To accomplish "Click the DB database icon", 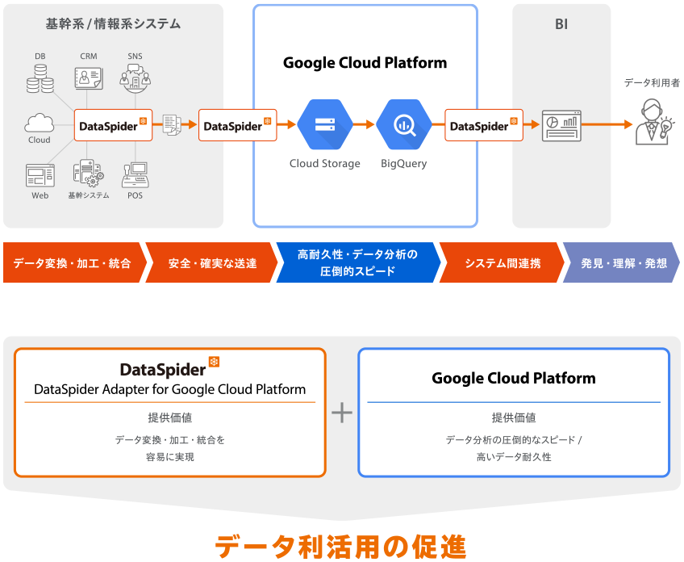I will [40, 78].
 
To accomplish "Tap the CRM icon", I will [88, 78].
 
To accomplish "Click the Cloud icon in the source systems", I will [39, 124].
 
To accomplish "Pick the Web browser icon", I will [40, 176].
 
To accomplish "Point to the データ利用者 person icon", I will [652, 122].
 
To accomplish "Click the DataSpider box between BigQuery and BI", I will [483, 125].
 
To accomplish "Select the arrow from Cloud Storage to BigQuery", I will [364, 125].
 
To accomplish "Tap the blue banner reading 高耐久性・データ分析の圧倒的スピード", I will [357, 262].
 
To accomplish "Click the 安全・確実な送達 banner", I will [213, 263].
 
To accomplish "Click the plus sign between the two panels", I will [342, 413].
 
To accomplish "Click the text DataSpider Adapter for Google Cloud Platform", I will [170, 389].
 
